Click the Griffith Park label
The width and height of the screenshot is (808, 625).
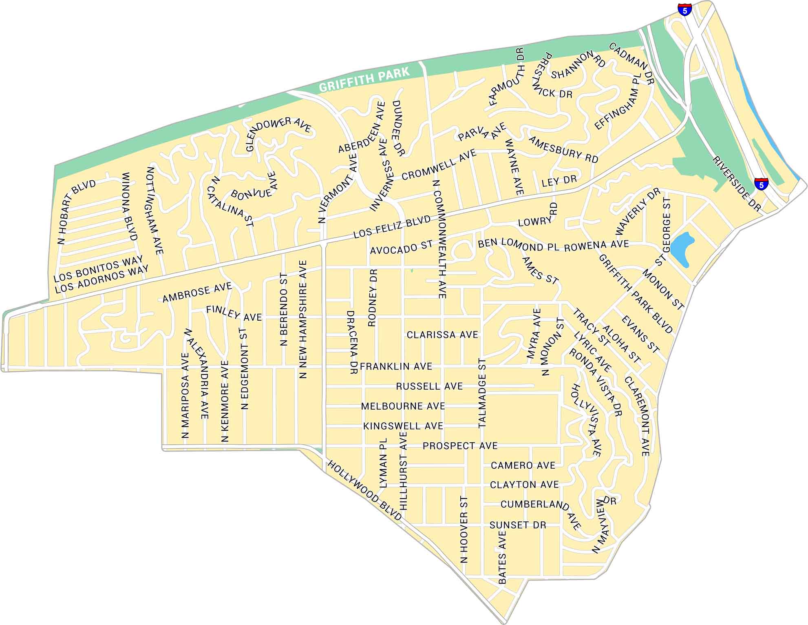[364, 80]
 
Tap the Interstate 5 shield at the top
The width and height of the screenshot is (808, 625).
[684, 9]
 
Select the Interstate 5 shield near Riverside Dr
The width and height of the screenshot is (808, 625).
[761, 184]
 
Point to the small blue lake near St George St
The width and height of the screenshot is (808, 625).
[682, 248]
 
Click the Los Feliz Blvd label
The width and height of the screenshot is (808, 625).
[392, 226]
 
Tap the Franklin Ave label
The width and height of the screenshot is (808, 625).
[396, 366]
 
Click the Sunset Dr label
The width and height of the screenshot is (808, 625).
[517, 525]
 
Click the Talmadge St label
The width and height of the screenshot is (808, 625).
[482, 393]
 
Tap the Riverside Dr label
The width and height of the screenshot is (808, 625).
[737, 184]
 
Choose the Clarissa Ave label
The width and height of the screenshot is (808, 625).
[442, 335]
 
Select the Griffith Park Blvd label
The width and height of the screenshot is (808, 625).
[635, 294]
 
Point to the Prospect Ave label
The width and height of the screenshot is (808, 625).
[460, 446]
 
